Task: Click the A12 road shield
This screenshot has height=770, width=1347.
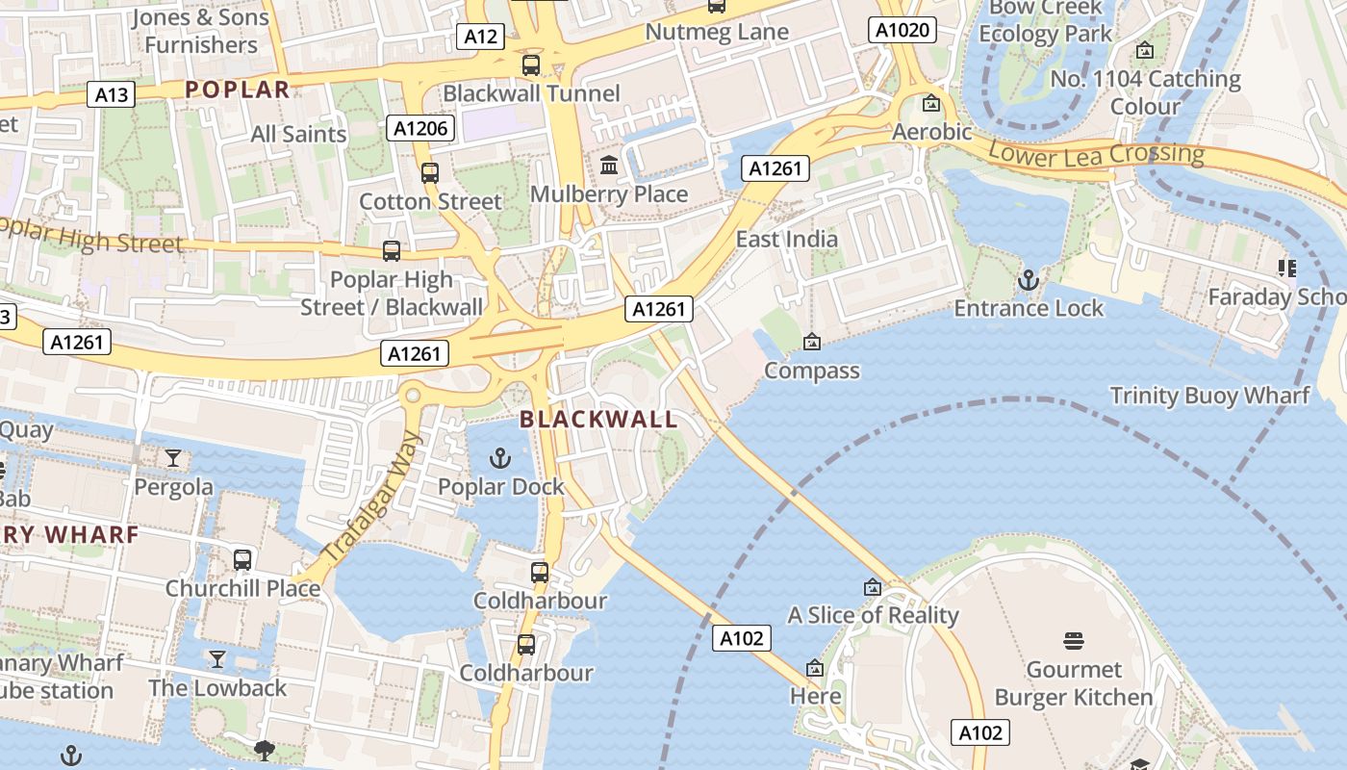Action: [x=480, y=37]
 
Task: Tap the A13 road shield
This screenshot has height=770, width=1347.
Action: [x=112, y=94]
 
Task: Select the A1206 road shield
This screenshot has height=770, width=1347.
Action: [x=421, y=128]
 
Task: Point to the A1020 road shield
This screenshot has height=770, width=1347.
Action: [x=903, y=30]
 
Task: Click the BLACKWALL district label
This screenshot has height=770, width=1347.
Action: [x=598, y=420]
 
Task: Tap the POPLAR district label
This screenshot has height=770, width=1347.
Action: [x=237, y=90]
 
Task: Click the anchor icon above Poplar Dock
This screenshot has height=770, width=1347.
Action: [x=500, y=458]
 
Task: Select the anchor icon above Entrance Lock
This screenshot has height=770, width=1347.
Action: [x=1029, y=280]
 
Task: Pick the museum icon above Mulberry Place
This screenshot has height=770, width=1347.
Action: [x=609, y=166]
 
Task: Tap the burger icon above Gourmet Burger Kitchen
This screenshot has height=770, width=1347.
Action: [x=1074, y=641]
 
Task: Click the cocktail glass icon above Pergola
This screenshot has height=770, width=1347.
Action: [x=173, y=458]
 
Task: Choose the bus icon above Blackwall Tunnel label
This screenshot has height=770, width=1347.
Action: [x=530, y=65]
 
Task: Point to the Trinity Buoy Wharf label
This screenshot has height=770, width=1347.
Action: [x=1209, y=396]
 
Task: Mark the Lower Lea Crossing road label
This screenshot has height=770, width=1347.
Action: [x=1096, y=154]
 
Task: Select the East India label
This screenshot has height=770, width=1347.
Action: [x=786, y=239]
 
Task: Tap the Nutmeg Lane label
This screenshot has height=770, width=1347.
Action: [x=717, y=32]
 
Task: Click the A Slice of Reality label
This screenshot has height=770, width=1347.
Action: [x=873, y=615]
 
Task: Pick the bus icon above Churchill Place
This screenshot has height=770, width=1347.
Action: [x=242, y=559]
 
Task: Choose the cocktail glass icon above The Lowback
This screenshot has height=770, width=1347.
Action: [x=217, y=659]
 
